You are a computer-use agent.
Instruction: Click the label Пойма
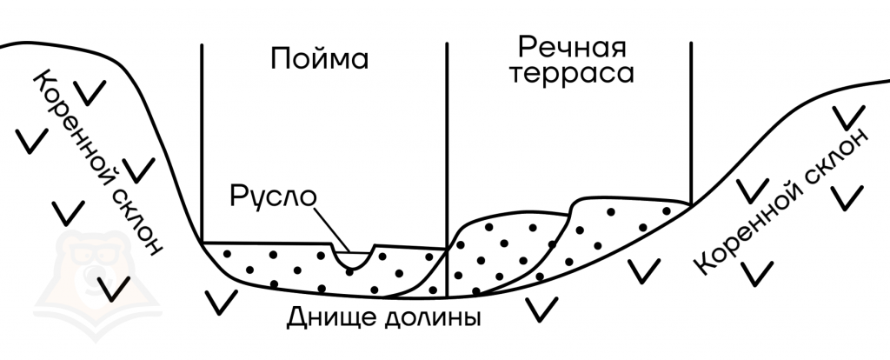click(319, 59)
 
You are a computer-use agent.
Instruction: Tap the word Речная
click(571, 49)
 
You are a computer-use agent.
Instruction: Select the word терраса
click(571, 75)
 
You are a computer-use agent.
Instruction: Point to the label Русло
click(272, 197)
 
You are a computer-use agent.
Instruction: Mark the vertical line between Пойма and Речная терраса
click(447, 170)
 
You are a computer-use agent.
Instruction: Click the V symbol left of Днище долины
click(221, 303)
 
